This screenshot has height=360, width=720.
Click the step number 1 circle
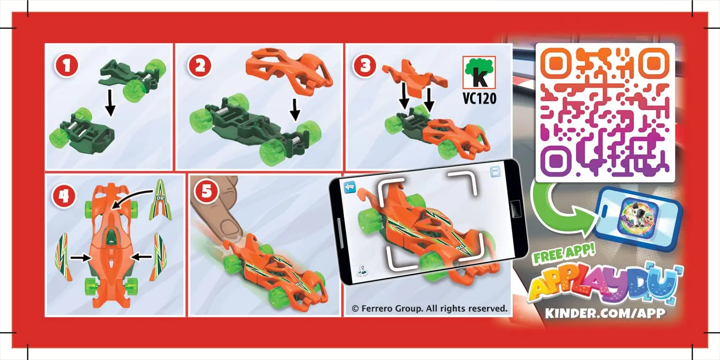pyautogui.click(x=67, y=66)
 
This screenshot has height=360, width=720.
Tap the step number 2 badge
pyautogui.click(x=200, y=66)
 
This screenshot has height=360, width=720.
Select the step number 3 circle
pyautogui.click(x=365, y=65)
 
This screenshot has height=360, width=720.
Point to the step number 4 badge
pyautogui.click(x=64, y=196)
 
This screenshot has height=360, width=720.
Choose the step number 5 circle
pyautogui.click(x=206, y=192)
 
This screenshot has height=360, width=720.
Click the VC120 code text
pyautogui.click(x=479, y=98)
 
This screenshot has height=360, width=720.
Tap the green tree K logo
pyautogui.click(x=479, y=72)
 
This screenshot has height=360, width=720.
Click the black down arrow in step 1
pyautogui.click(x=110, y=103)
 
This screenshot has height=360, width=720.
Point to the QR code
pyautogui.click(x=605, y=112)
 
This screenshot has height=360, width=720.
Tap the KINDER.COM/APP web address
pyautogui.click(x=605, y=313)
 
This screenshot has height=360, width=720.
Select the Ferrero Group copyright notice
pyautogui.click(x=429, y=308)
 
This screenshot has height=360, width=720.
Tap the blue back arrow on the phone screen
pyautogui.click(x=350, y=187)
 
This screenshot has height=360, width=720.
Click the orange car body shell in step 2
pyautogui.click(x=289, y=69)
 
